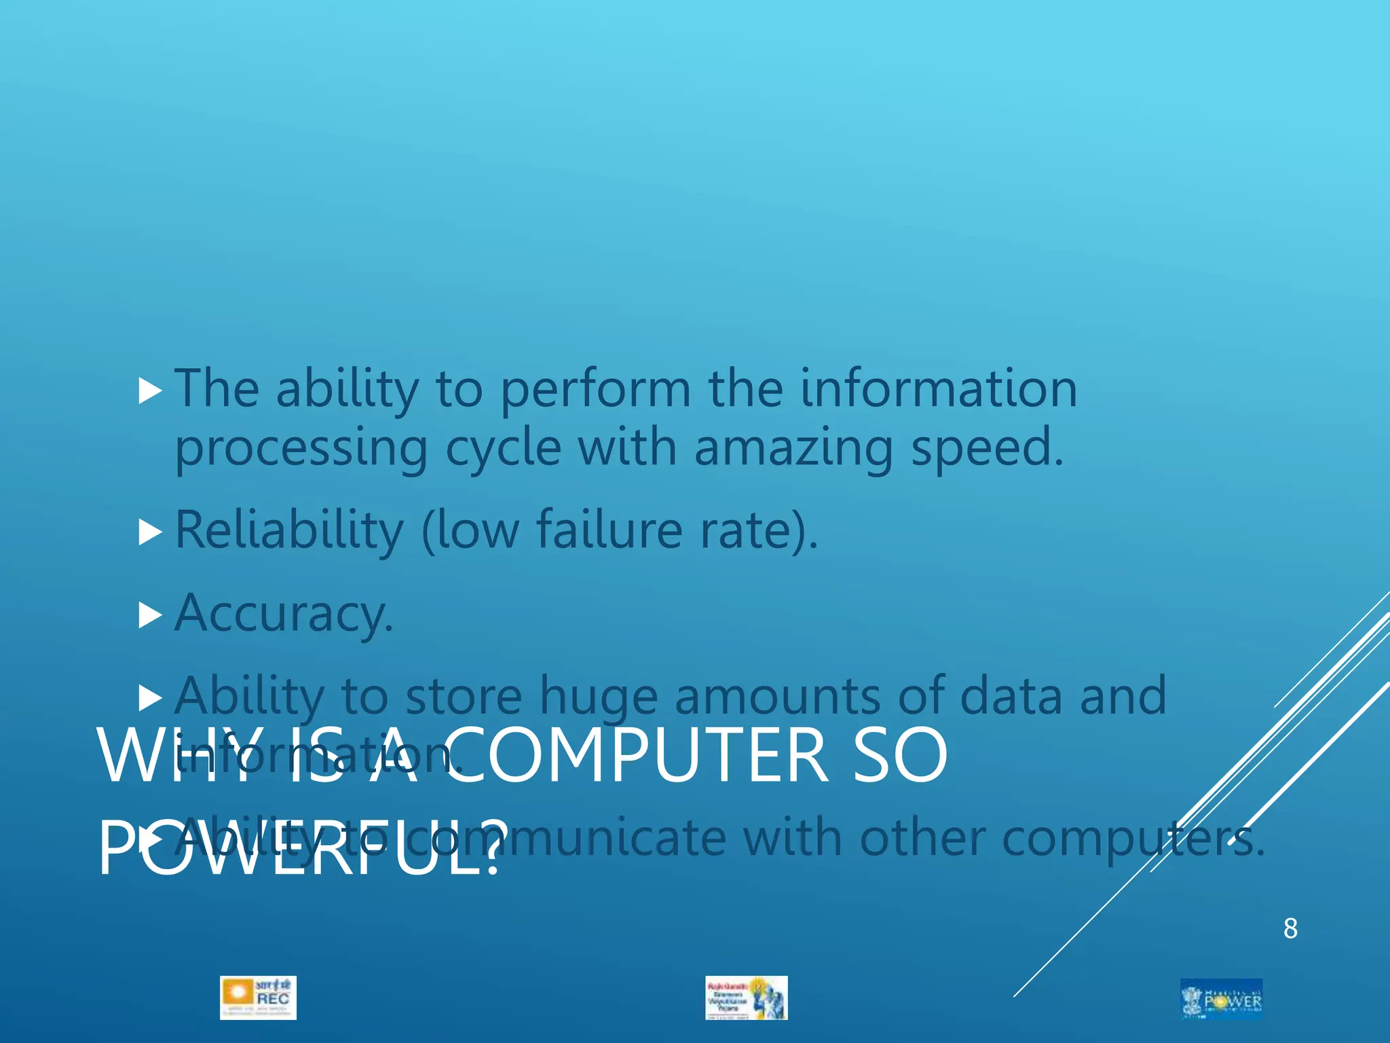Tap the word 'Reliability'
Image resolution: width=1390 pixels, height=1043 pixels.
pyautogui.click(x=289, y=531)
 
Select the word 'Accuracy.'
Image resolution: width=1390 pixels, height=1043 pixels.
pyautogui.click(x=284, y=614)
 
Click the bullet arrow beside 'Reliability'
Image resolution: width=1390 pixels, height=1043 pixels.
pyautogui.click(x=150, y=532)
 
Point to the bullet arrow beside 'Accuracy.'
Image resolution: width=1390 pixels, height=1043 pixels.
pyautogui.click(x=150, y=615)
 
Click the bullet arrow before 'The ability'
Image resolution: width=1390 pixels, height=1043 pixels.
pyautogui.click(x=150, y=391)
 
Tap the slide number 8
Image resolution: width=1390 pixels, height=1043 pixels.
pyautogui.click(x=1290, y=928)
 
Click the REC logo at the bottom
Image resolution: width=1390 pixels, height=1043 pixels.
pyautogui.click(x=258, y=998)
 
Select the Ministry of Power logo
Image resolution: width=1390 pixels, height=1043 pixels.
pyautogui.click(x=1221, y=998)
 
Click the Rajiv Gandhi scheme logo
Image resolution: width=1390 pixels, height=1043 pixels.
pyautogui.click(x=746, y=998)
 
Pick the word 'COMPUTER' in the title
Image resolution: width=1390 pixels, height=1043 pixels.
pyautogui.click(x=637, y=755)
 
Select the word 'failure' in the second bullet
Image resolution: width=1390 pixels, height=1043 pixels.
pyautogui.click(x=609, y=531)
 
